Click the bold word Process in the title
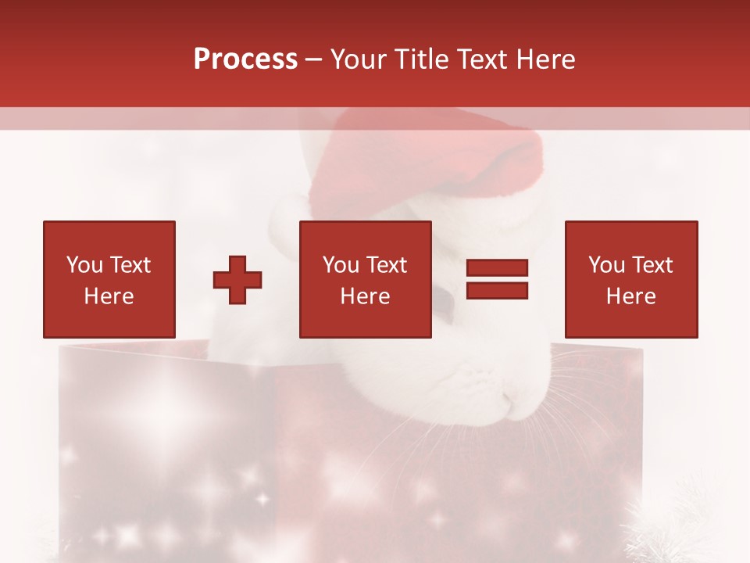click(245, 59)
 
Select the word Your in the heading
click(359, 59)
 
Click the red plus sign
click(237, 280)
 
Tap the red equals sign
click(497, 279)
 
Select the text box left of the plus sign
click(109, 279)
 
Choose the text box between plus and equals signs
click(366, 279)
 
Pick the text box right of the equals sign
click(631, 279)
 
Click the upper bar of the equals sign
click(497, 268)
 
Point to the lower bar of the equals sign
click(497, 290)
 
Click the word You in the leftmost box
click(84, 265)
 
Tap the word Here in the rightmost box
click(631, 296)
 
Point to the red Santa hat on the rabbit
click(437, 156)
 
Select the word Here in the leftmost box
click(109, 296)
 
